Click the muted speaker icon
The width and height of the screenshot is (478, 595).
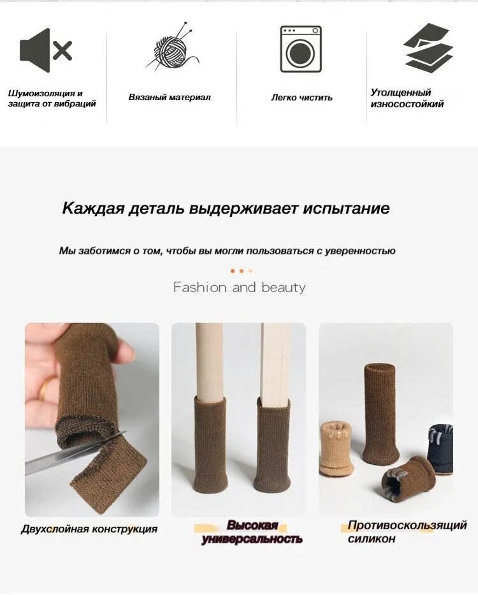pyautogui.click(x=45, y=50)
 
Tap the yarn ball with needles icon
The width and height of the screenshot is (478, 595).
pyautogui.click(x=172, y=47)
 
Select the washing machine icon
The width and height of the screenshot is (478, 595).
pyautogui.click(x=301, y=49)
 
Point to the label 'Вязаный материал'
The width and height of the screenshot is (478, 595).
pyautogui.click(x=169, y=97)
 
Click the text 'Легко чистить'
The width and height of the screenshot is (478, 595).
pyautogui.click(x=301, y=98)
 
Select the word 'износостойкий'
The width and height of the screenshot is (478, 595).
pyautogui.click(x=407, y=104)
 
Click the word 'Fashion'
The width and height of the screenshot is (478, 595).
pyautogui.click(x=199, y=287)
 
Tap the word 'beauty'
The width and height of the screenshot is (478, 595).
pyautogui.click(x=284, y=287)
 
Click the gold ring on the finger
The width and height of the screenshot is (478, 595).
pyautogui.click(x=45, y=388)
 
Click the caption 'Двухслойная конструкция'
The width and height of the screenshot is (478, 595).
pyautogui.click(x=89, y=529)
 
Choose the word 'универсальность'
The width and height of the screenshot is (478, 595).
pyautogui.click(x=252, y=539)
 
